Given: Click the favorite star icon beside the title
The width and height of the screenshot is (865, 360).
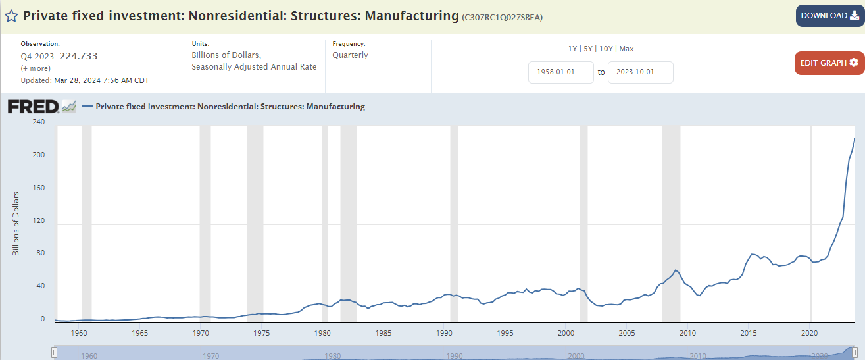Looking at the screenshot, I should click(x=11, y=16).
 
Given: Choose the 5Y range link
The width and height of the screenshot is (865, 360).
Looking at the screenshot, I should click(x=589, y=49).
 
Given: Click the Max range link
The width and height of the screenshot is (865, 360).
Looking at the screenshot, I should click(x=626, y=49).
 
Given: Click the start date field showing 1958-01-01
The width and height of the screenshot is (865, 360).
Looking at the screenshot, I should click(x=561, y=72).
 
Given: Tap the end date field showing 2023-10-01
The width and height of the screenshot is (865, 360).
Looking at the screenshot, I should click(x=640, y=72).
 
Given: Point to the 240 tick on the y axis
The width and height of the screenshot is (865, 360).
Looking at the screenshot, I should click(x=38, y=122).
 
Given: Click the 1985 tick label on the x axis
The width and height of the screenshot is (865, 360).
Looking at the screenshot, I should click(x=384, y=333).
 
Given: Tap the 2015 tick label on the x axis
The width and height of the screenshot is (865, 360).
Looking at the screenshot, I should click(x=749, y=333).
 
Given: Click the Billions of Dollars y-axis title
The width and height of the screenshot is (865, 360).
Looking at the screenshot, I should click(x=16, y=224).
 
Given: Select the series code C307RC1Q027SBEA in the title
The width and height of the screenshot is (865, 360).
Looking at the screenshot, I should click(x=503, y=17).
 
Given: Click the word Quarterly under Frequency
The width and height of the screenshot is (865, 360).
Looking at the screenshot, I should click(x=351, y=55).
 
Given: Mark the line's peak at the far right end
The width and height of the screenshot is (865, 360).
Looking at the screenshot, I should click(x=854, y=138).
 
